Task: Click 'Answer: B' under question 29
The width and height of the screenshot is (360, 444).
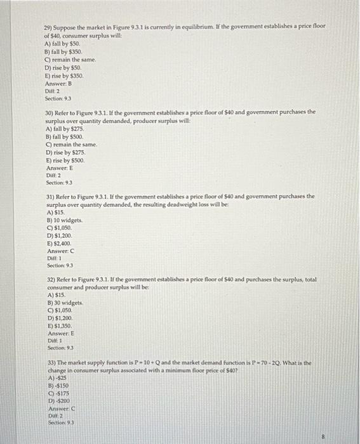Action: (x=60, y=83)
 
